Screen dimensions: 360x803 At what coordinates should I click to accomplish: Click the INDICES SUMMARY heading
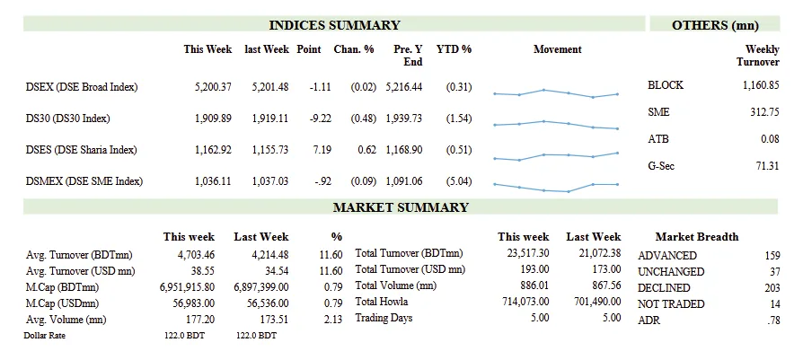(x=334, y=25)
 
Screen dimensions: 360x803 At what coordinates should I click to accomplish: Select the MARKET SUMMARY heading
(x=401, y=207)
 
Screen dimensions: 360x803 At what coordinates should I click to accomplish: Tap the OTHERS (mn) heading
(x=715, y=25)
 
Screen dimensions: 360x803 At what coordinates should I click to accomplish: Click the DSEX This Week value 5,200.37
(x=213, y=86)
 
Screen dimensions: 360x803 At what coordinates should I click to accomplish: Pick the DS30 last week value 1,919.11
(x=266, y=118)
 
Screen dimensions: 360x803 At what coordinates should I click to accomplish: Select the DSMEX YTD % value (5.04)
(x=458, y=181)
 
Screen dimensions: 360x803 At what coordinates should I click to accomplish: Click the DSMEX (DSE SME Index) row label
(x=84, y=181)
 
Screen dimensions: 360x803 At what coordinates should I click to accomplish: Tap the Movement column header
(x=557, y=49)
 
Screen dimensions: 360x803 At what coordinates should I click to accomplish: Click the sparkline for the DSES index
(x=556, y=156)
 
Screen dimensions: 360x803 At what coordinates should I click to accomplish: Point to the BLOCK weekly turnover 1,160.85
(x=760, y=85)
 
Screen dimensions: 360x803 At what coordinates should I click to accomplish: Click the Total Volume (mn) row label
(x=396, y=285)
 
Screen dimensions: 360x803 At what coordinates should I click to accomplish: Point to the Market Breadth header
(x=697, y=237)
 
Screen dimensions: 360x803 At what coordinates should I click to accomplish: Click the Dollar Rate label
(x=45, y=335)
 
